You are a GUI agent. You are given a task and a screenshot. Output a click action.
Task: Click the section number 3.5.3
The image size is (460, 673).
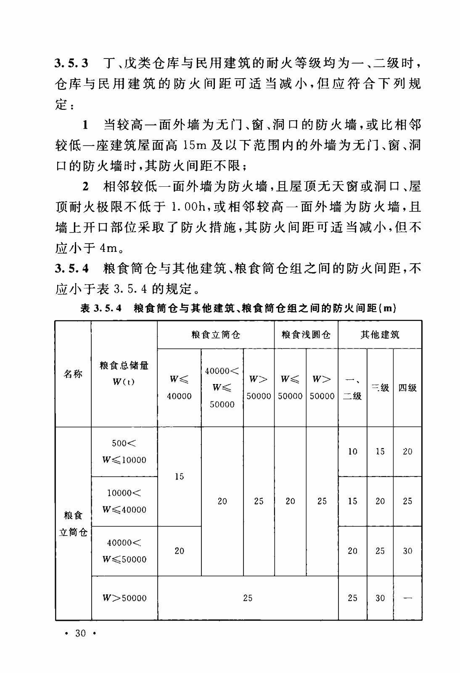pos(71,64)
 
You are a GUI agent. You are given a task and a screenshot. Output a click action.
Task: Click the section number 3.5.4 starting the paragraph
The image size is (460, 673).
pos(71,268)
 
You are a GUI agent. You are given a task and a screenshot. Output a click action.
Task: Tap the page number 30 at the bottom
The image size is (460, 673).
pos(80,633)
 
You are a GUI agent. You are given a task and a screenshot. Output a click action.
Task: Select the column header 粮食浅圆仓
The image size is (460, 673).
pos(306,335)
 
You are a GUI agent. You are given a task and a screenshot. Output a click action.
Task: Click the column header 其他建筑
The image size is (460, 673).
pos(380,335)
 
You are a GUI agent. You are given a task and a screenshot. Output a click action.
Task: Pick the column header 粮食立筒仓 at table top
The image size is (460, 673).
pos(216,335)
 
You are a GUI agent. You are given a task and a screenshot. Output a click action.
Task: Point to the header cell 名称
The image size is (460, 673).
pos(73,374)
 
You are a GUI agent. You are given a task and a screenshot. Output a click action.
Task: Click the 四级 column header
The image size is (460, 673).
pos(407,388)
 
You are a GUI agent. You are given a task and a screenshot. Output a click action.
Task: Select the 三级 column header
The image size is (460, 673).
pos(380,388)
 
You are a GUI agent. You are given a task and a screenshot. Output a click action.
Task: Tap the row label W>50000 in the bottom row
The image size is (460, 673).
pos(124,598)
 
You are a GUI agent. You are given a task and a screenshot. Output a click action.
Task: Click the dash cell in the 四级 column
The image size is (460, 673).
pos(407,598)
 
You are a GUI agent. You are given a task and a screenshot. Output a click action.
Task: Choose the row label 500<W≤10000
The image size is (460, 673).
pos(124,451)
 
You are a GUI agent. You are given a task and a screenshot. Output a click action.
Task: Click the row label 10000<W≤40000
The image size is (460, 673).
pos(124,501)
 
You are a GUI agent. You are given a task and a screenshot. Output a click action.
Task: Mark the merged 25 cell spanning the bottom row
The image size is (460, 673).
pos(248,598)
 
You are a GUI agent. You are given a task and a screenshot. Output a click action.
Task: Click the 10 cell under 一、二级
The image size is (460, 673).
pos(352,451)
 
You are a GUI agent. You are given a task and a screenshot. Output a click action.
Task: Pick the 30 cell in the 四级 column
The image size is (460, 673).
pos(407,551)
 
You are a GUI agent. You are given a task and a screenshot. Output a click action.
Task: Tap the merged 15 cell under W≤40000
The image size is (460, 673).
pos(179,477)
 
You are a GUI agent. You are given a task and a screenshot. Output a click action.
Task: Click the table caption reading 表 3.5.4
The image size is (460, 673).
pos(101,308)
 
